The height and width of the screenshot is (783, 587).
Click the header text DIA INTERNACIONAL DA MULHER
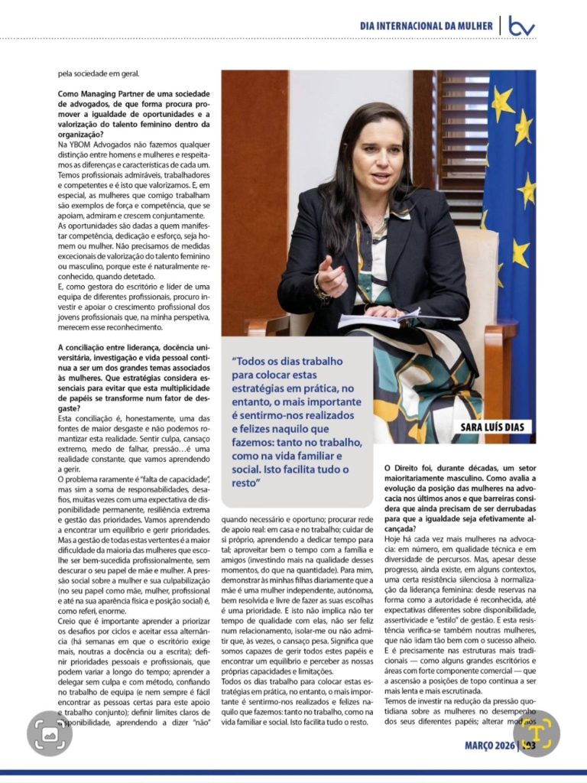pos(426,26)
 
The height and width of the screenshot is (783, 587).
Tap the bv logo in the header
pos(522,26)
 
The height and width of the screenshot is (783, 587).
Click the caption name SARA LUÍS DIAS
pos(491,427)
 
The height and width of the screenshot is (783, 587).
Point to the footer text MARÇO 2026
pos(490,745)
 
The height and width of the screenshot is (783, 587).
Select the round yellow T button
pos(536,734)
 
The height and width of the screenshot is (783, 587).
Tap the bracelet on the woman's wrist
pos(318,289)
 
